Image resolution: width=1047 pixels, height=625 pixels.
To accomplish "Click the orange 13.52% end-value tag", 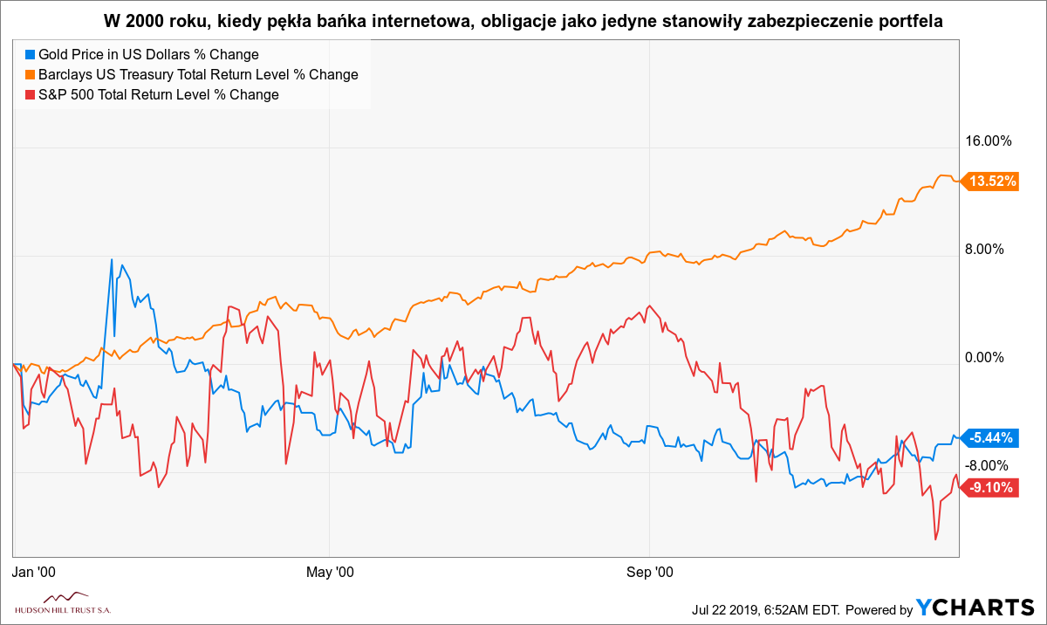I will click(x=992, y=182).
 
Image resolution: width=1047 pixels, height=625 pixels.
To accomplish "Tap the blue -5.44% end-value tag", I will click(x=992, y=437).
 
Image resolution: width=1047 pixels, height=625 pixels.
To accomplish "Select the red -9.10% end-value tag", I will click(x=992, y=488).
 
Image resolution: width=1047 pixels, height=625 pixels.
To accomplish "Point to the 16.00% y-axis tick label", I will click(x=989, y=141).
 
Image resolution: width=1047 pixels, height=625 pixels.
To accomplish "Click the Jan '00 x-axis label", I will click(x=35, y=573).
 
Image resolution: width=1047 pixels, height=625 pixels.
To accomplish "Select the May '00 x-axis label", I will click(x=331, y=573).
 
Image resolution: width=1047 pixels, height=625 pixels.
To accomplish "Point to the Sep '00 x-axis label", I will click(x=651, y=573).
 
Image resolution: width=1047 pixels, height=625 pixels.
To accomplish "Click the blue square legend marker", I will click(x=30, y=55).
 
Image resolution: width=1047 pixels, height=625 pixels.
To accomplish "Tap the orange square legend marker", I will click(x=30, y=75).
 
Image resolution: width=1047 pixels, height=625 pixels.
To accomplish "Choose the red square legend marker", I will click(x=30, y=95).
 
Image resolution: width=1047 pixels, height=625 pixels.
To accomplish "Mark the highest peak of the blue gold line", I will click(x=112, y=259).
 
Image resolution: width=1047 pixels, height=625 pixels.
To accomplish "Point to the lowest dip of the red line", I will click(x=935, y=539).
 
